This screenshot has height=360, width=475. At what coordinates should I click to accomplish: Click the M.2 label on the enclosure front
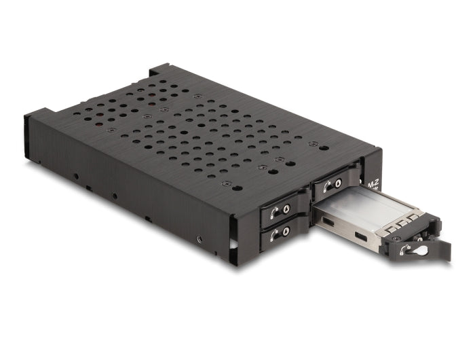pos(372,184)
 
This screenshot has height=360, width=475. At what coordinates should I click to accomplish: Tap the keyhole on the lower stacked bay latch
pos(286,233)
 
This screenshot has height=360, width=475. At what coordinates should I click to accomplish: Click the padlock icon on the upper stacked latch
pos(274,211)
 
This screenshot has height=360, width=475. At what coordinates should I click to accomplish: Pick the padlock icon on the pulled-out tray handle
pos(405,249)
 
